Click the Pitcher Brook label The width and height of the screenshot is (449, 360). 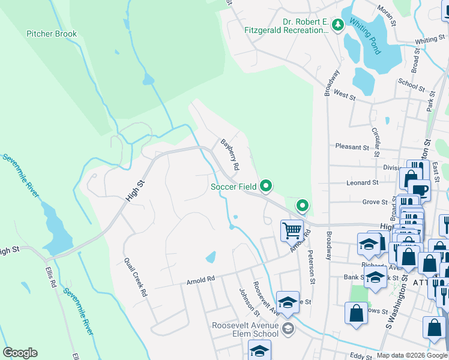pos(52,34)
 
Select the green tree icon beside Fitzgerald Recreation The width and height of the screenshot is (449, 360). pos(338,24)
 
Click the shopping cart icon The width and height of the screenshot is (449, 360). pos(292,229)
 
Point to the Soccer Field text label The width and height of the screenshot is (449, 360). pos(234,187)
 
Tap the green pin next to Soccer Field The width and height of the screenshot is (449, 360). pos(266,186)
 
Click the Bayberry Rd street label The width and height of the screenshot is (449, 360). pos(230,154)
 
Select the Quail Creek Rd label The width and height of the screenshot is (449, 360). pos(135,277)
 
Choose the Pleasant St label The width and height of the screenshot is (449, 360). pos(352,147)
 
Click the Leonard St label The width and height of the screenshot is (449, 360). pos(362,182)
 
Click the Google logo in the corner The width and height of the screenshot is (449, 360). pos(20,353)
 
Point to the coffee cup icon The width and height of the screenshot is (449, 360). pos(420,190)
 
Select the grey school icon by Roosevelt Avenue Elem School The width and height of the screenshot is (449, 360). pos(288,328)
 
